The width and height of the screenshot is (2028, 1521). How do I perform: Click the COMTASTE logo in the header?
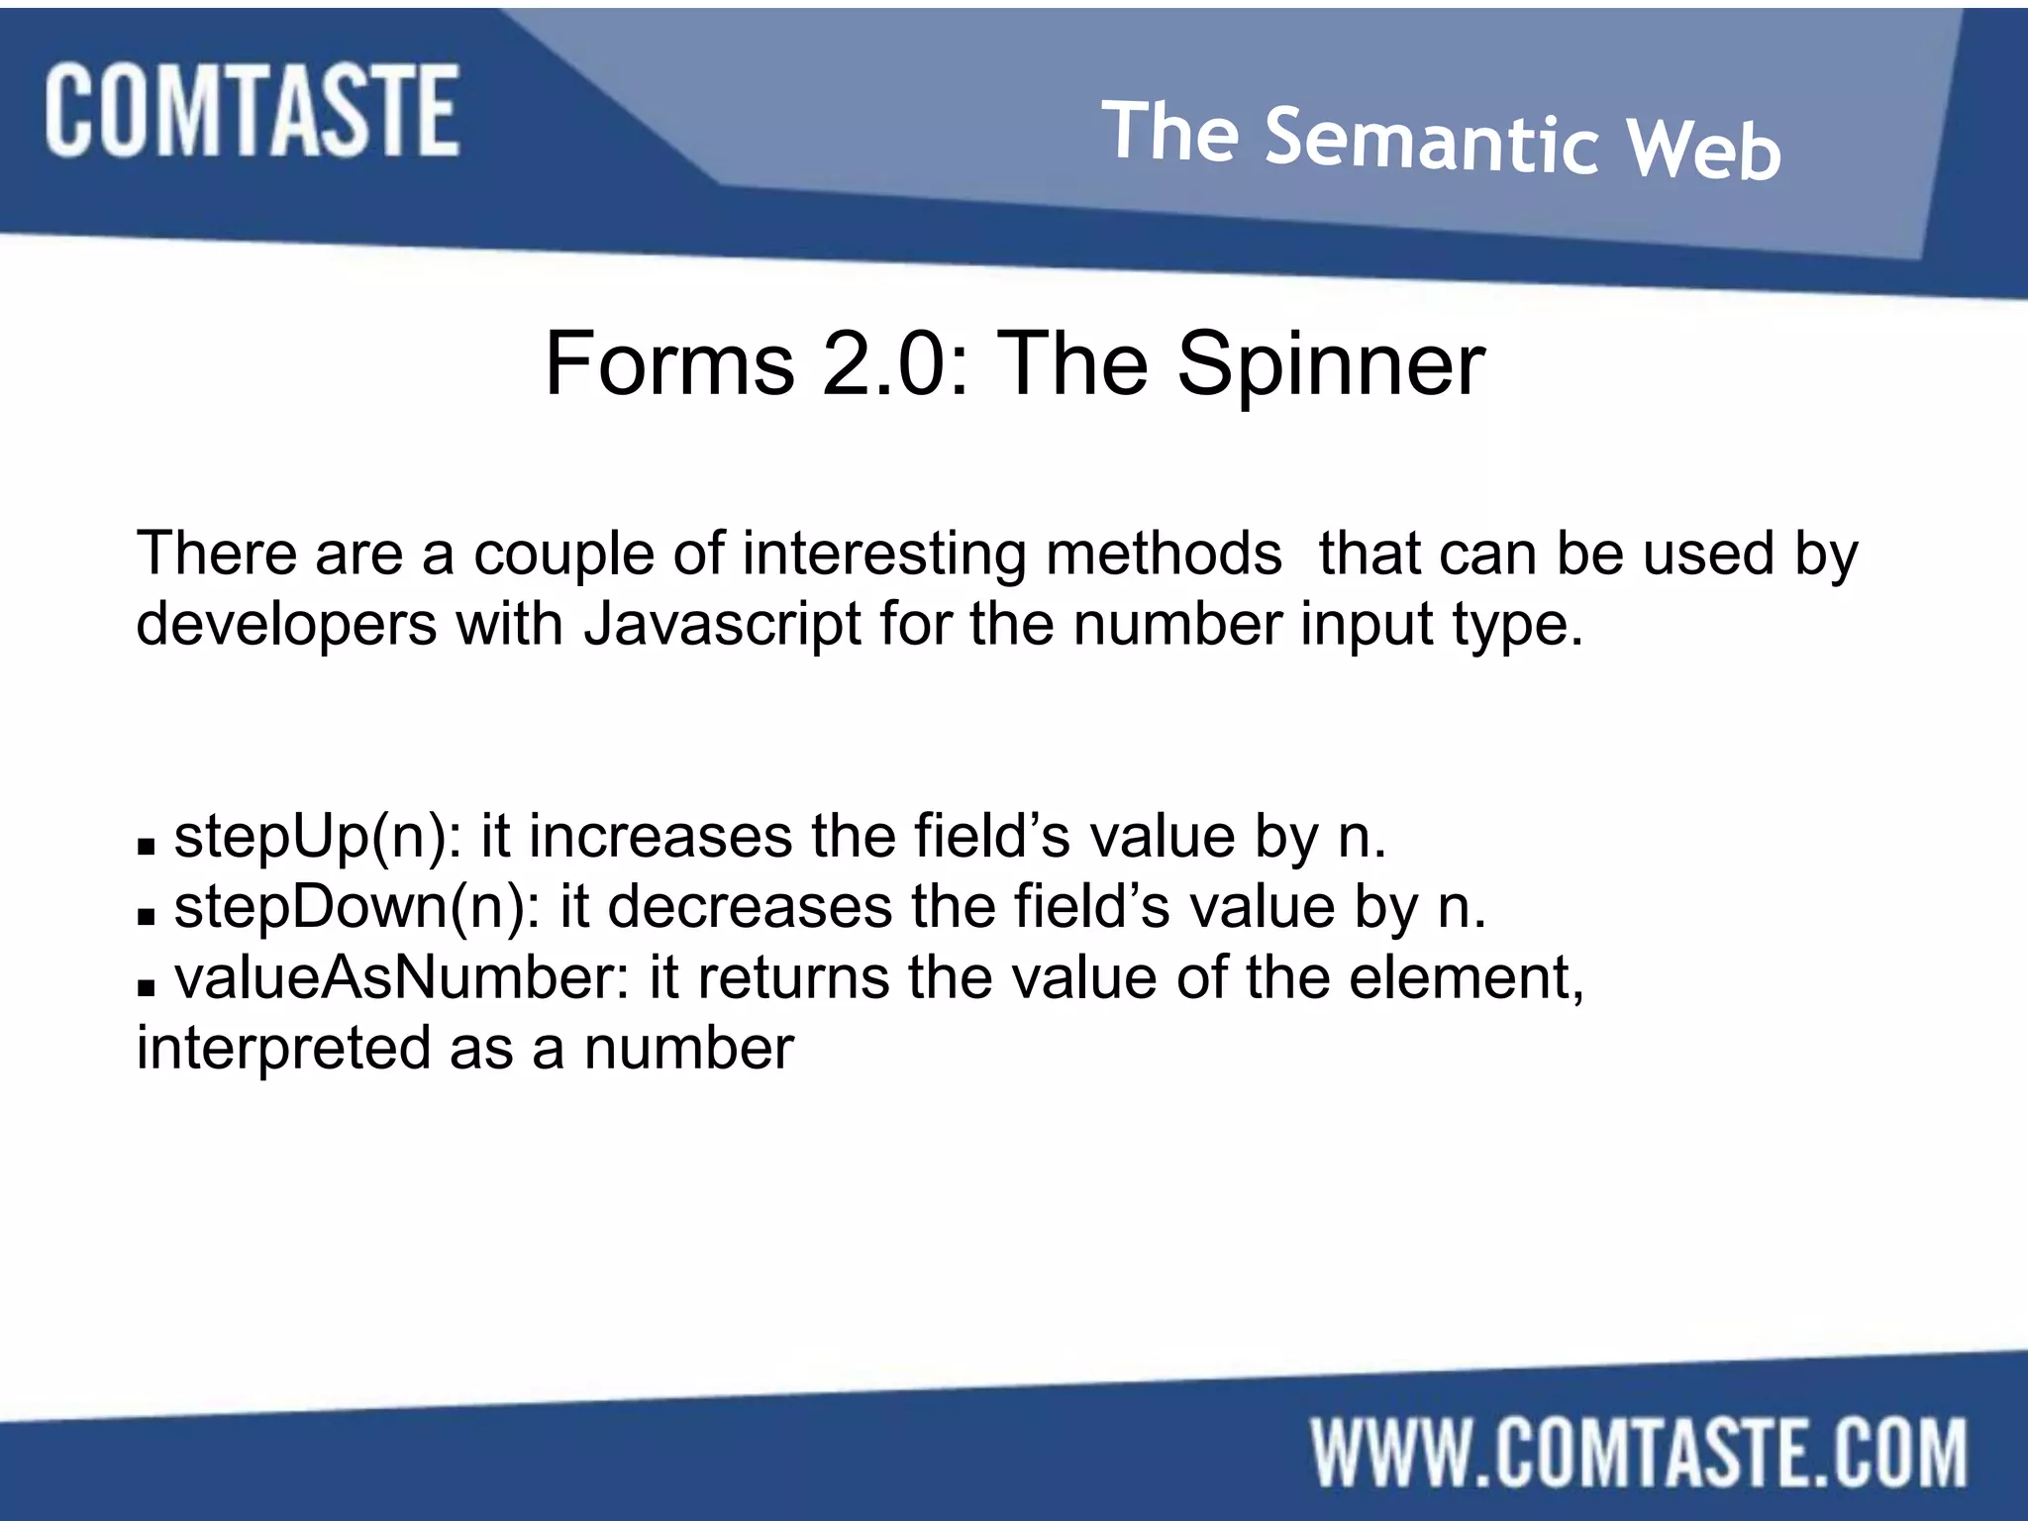252,110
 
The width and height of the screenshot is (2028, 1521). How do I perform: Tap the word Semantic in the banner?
1432,144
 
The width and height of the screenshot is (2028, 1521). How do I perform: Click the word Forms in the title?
669,364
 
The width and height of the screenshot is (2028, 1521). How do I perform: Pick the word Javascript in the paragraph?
723,624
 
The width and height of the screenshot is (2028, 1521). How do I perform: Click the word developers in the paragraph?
286,624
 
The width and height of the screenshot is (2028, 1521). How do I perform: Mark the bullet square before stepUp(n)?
147,848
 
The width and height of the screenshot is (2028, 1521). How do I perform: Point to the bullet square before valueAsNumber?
147,988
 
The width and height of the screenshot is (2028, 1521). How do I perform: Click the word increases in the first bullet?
660,837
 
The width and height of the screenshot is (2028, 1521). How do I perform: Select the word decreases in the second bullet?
750,907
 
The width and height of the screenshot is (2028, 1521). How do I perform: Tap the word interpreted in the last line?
283,1049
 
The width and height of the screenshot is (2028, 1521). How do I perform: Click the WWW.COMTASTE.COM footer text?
1639,1453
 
